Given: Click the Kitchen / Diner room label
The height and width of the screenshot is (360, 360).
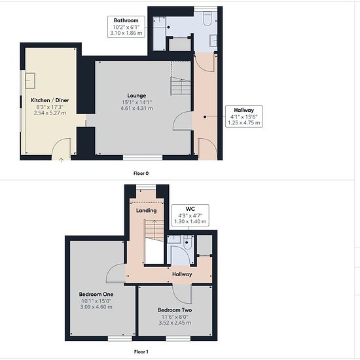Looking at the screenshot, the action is pos(50,100).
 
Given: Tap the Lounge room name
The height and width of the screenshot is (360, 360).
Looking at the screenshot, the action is pos(137,96).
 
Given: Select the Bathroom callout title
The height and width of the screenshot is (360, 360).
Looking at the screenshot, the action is pos(126,20).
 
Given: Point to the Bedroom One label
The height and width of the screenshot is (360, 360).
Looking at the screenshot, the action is pos(96,294).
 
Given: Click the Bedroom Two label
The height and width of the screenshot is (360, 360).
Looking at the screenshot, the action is pos(175,310).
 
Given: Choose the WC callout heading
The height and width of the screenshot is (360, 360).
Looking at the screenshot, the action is pos(190,209).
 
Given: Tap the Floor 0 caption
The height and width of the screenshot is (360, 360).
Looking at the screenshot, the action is pos(141,173).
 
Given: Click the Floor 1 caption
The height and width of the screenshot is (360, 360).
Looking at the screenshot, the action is pos(141,351).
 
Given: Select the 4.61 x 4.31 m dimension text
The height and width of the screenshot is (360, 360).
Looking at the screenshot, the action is pos(137,108).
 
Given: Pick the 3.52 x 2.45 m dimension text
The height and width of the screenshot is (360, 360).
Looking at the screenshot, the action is pos(175,323).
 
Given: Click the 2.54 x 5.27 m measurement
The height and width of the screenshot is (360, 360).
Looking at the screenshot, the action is pos(50,113).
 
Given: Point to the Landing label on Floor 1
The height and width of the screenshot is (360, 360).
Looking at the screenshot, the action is pos(146,211).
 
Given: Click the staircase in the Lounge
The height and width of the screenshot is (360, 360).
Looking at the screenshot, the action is pos(181,86).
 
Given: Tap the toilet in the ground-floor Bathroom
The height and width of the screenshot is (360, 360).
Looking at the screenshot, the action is pos(207,18).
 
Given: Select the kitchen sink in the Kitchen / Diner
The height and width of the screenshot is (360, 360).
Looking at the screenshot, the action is pos(30,81).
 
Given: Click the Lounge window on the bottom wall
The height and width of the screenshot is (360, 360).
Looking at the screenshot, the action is pos(143,158).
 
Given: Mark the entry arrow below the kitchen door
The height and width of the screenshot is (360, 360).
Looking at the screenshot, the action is pos(61,160).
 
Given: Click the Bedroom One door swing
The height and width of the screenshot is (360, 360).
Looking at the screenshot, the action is pos(116,273).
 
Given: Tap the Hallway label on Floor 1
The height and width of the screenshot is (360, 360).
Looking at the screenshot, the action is pos(182,274).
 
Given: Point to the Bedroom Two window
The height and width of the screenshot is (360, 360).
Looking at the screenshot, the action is pos(178,338).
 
